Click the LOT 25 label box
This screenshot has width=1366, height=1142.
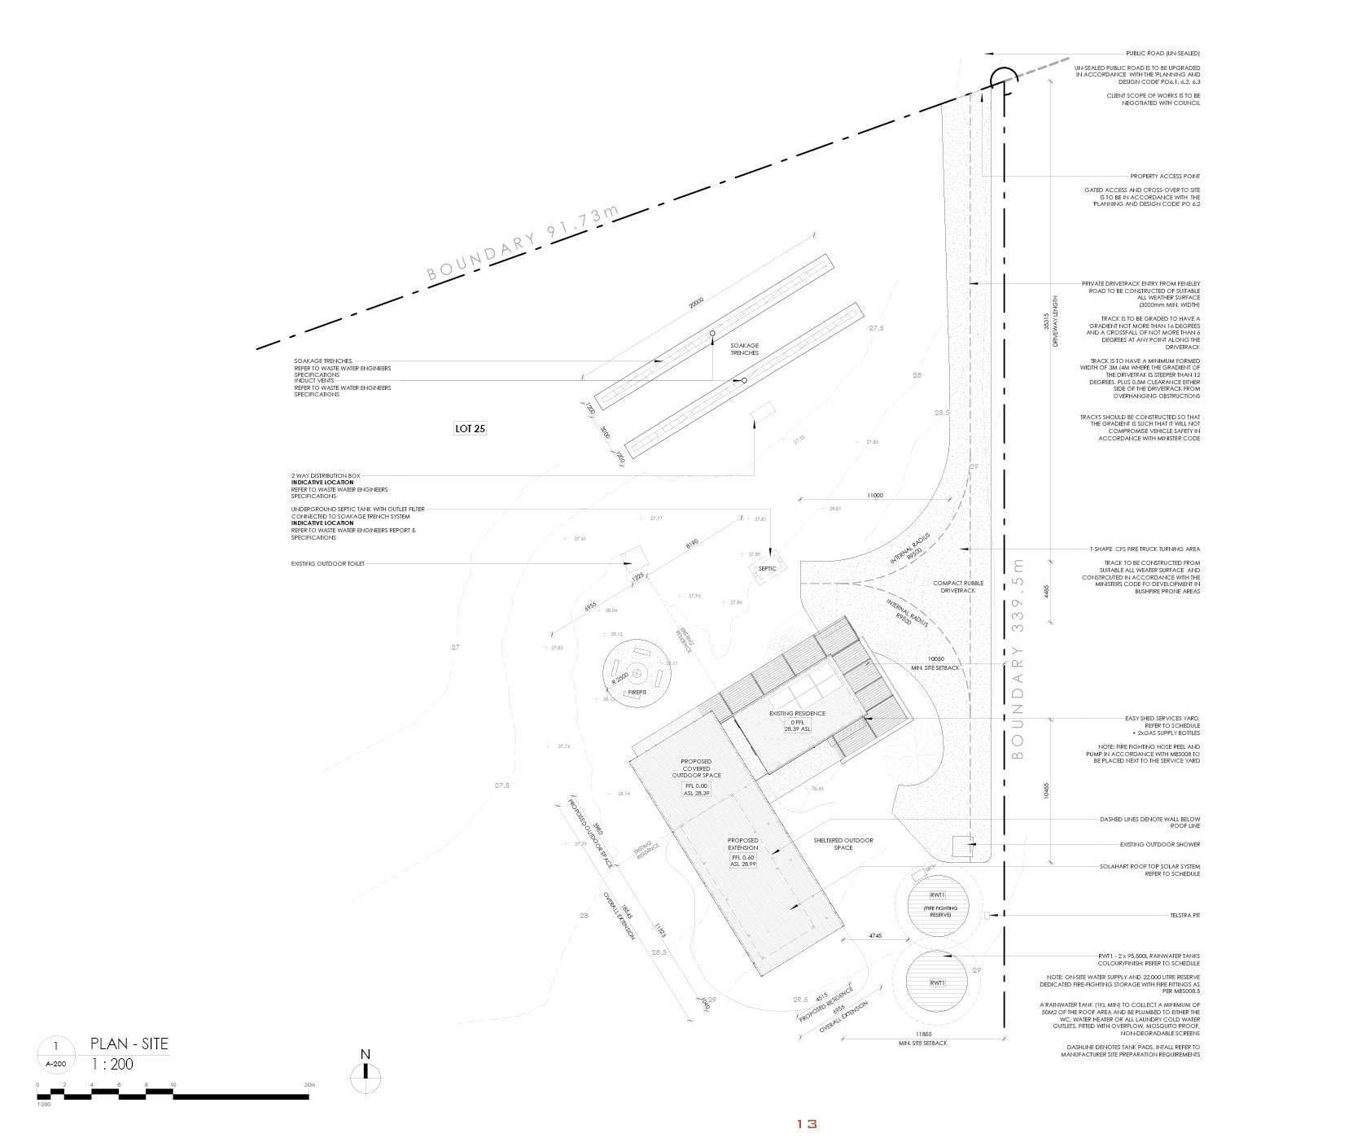(x=470, y=427)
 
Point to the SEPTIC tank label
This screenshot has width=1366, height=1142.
(x=767, y=568)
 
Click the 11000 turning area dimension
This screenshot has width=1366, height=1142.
(x=875, y=495)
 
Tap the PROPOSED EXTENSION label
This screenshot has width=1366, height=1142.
(x=742, y=844)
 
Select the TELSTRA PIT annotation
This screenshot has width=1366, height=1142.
(x=1184, y=916)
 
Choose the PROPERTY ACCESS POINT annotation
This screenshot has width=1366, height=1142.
(x=1164, y=176)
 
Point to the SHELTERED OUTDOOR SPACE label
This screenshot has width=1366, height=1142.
(x=843, y=843)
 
